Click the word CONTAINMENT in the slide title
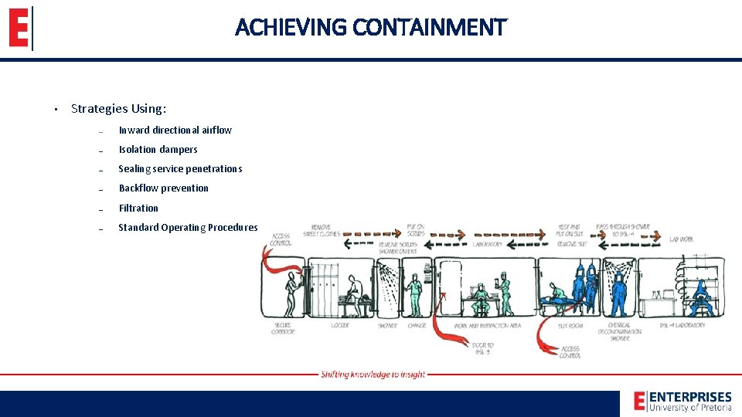click(429, 28)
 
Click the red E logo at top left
click(19, 29)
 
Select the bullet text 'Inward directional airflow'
click(175, 130)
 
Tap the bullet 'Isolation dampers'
click(158, 149)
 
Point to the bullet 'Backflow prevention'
click(163, 188)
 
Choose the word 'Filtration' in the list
click(138, 208)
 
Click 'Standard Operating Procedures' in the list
click(188, 227)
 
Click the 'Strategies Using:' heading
click(118, 109)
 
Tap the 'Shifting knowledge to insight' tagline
click(373, 375)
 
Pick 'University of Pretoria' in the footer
click(690, 407)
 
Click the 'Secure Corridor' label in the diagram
click(283, 328)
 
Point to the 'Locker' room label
click(339, 325)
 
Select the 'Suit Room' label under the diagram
click(570, 325)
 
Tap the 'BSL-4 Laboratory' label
click(683, 325)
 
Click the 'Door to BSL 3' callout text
click(483, 347)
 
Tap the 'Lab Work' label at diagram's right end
click(681, 240)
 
